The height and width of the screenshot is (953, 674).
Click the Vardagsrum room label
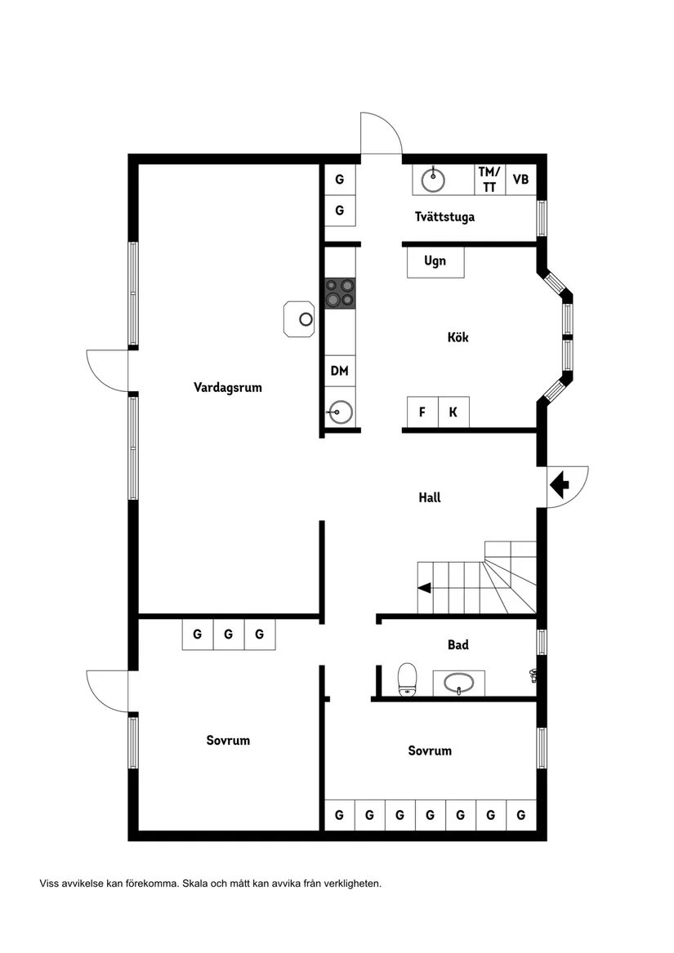[228, 387]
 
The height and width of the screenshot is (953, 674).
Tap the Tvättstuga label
[444, 217]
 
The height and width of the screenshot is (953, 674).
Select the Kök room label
[458, 337]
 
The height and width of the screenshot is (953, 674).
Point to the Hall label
[430, 497]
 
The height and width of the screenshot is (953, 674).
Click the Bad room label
[458, 645]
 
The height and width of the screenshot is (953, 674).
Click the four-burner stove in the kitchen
[341, 293]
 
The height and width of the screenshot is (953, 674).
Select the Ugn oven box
[435, 262]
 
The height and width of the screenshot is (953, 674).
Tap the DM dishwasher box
[340, 371]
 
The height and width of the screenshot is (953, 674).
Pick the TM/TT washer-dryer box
[489, 180]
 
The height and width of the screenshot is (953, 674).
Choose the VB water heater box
[520, 180]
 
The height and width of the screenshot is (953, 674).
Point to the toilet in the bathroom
[407, 679]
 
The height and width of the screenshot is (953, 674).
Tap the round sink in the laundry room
[433, 179]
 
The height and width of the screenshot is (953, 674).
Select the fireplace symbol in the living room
[300, 318]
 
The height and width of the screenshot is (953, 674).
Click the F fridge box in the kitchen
[422, 412]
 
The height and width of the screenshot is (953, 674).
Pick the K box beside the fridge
[453, 412]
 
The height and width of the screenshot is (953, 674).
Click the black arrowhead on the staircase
[423, 587]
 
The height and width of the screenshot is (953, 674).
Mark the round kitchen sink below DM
[340, 412]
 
